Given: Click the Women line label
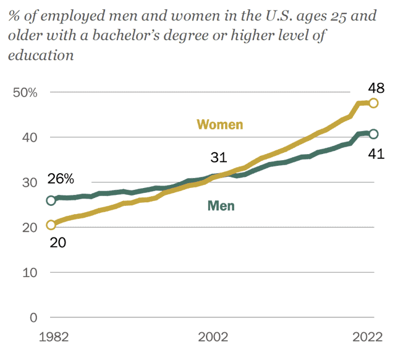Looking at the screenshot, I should (x=219, y=124).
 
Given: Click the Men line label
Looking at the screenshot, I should (x=221, y=205).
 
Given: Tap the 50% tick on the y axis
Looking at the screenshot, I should (x=25, y=92).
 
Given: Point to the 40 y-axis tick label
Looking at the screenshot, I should (x=28, y=137).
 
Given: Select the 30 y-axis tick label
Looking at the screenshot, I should (x=28, y=182).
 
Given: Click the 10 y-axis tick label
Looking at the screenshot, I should (x=28, y=273).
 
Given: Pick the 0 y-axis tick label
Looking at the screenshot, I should (x=32, y=317).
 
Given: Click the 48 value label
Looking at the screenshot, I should (x=376, y=87).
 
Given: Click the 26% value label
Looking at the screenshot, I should (x=61, y=180).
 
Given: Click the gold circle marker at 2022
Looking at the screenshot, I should (x=373, y=103).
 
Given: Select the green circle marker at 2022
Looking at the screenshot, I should (x=373, y=134).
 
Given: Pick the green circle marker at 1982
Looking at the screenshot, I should (x=51, y=200).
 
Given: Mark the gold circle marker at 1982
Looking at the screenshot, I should (x=51, y=225).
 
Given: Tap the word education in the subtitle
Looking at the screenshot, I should (x=41, y=55).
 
